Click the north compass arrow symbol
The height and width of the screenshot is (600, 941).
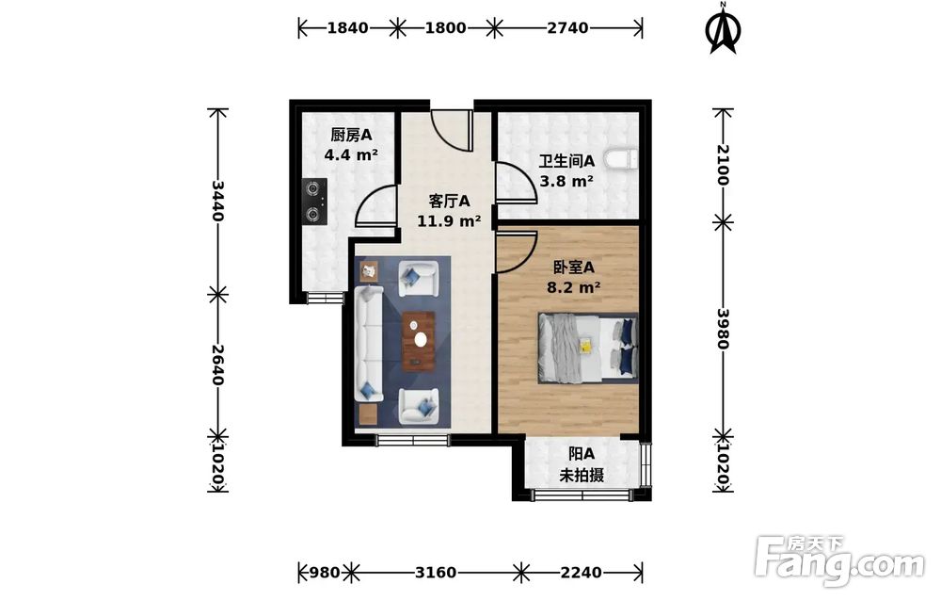tap(725, 29)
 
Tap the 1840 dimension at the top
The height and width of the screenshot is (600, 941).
tap(347, 27)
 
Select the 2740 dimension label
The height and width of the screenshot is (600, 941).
tap(567, 27)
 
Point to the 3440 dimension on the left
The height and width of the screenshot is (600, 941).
tap(217, 201)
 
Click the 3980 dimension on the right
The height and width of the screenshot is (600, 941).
tap(723, 329)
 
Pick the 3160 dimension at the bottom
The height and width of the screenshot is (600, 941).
tap(436, 573)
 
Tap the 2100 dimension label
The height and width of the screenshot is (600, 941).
tap(723, 165)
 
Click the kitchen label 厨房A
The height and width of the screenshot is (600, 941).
tap(351, 135)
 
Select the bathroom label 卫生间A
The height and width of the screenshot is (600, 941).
tap(566, 161)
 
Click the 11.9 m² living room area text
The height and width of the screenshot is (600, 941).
tap(449, 221)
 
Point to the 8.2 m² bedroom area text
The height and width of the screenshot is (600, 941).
tap(574, 287)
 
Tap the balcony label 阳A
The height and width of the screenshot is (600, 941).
tap(582, 454)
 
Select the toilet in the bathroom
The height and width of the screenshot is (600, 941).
tap(620, 160)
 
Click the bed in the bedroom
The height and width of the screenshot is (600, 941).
tap(587, 348)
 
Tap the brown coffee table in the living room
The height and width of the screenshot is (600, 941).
tap(419, 341)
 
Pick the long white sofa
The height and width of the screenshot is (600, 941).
tap(369, 344)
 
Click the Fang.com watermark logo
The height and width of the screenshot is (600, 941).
tap(839, 560)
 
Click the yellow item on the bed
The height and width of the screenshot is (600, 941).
tap(585, 346)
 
